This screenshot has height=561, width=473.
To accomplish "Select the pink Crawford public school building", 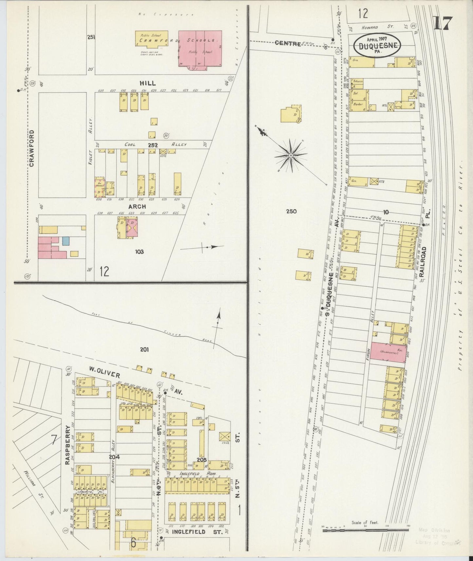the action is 200,48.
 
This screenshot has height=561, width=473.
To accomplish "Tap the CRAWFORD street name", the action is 32,148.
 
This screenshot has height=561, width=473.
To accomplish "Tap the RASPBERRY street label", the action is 68,445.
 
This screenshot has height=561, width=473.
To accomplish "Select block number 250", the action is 291,211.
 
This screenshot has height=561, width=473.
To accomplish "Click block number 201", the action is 144,350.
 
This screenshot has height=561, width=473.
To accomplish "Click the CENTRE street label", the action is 288,43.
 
